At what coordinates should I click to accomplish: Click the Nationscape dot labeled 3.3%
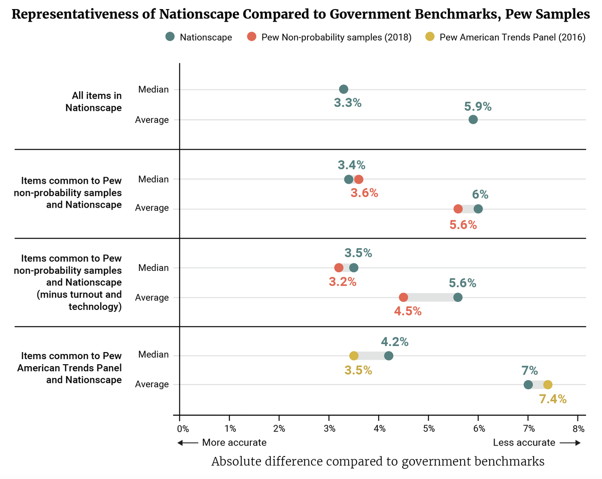pyautogui.click(x=344, y=89)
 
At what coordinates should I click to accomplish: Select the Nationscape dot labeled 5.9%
pyautogui.click(x=473, y=119)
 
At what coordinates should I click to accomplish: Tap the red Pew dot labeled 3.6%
pyautogui.click(x=359, y=180)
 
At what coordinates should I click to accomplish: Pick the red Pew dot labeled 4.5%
pyautogui.click(x=403, y=297)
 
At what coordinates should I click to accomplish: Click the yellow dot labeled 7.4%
pyautogui.click(x=548, y=385)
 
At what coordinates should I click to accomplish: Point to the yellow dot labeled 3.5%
pyautogui.click(x=354, y=356)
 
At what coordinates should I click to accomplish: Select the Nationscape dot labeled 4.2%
pyautogui.click(x=389, y=356)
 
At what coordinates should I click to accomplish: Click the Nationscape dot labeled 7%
pyautogui.click(x=528, y=385)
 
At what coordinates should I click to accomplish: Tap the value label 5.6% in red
pyautogui.click(x=463, y=225)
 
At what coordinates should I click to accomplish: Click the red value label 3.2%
pyautogui.click(x=343, y=282)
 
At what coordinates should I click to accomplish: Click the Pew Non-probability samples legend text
pyautogui.click(x=337, y=37)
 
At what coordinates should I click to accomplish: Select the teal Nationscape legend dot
pyautogui.click(x=170, y=37)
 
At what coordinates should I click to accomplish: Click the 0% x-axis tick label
pyautogui.click(x=183, y=429)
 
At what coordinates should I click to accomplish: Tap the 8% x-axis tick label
pyautogui.click(x=578, y=429)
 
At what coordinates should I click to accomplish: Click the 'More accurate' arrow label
pyautogui.click(x=223, y=443)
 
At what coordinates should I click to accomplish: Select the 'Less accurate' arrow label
pyautogui.click(x=536, y=443)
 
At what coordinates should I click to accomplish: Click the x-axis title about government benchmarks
pyautogui.click(x=378, y=461)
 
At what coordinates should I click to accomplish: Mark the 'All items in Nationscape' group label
pyautogui.click(x=93, y=101)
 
